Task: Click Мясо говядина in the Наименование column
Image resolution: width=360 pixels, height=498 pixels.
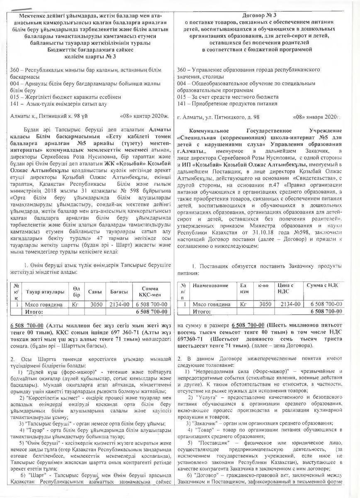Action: click(212, 304)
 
